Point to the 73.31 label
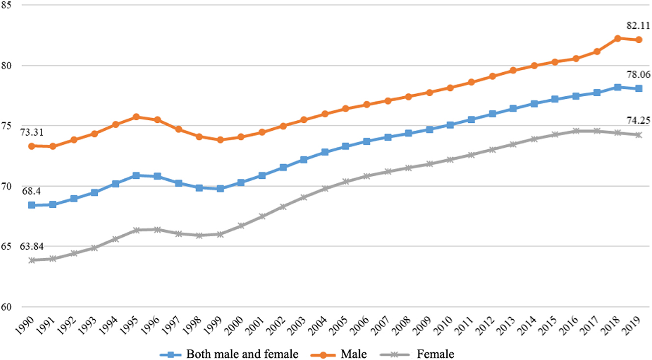click(30, 132)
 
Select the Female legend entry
click(435, 353)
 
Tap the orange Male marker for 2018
click(618, 38)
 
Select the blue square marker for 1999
click(220, 189)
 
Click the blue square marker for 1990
click(32, 205)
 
